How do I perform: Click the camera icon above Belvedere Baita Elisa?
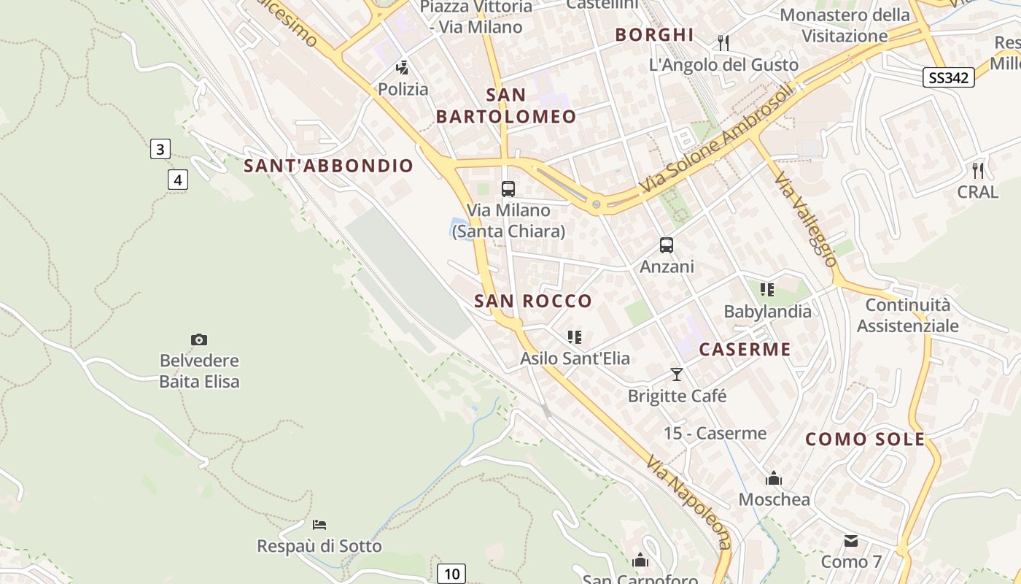[198, 339]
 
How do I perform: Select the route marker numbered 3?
[160, 150]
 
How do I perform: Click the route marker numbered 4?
[178, 179]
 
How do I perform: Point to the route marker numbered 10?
[451, 574]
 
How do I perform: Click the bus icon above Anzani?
[667, 245]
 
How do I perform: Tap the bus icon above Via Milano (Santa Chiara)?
[508, 189]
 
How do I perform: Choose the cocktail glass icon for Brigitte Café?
[677, 374]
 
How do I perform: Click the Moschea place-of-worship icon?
[774, 479]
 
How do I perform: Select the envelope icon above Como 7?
[851, 541]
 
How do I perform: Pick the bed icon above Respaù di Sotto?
[319, 525]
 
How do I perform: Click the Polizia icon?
[402, 68]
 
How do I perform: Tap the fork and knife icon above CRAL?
[978, 171]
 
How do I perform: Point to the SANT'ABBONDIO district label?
[328, 166]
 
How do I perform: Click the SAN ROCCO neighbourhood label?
[533, 301]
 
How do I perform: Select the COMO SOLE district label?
[865, 439]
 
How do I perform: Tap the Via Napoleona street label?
[688, 503]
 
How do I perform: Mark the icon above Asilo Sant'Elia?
[575, 337]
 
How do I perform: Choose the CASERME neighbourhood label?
[745, 349]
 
